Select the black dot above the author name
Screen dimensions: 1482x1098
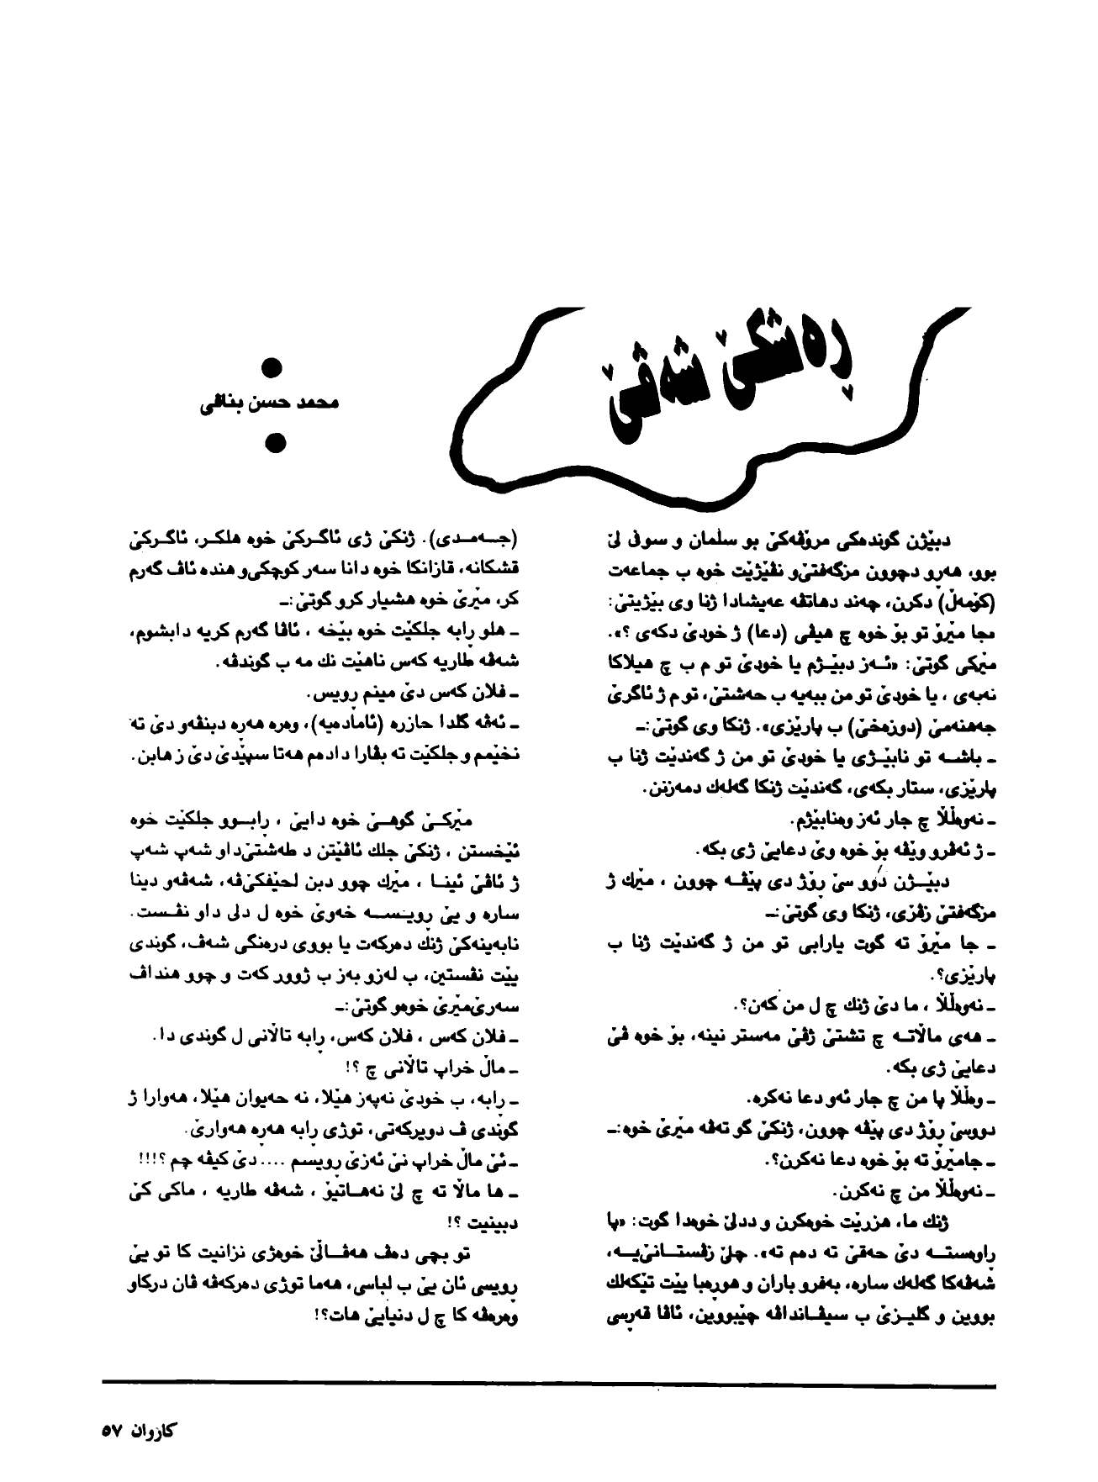(272, 368)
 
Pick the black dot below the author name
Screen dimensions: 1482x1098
(272, 443)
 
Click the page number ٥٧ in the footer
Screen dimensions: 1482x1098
(113, 1430)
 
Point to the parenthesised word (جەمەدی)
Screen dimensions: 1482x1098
(478, 536)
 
